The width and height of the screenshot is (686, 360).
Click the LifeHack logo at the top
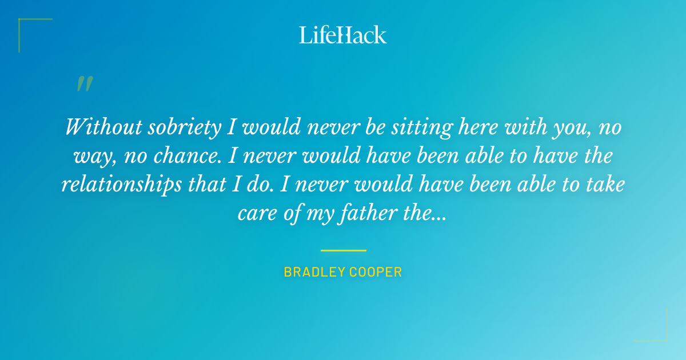[342, 35]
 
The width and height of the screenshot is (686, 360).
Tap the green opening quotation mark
[85, 85]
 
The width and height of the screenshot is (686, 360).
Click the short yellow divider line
[343, 250]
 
